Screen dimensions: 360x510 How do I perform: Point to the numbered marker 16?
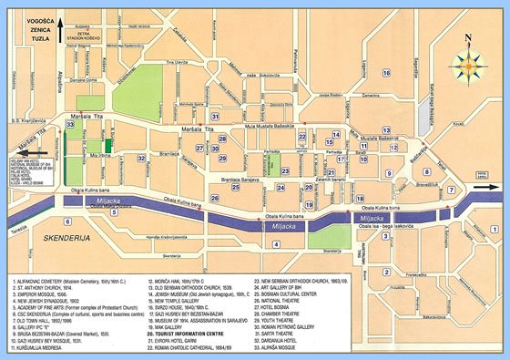pos(386,73)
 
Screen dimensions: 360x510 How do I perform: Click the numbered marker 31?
pos(215,117)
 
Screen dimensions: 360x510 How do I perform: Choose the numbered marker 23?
pos(284,170)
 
